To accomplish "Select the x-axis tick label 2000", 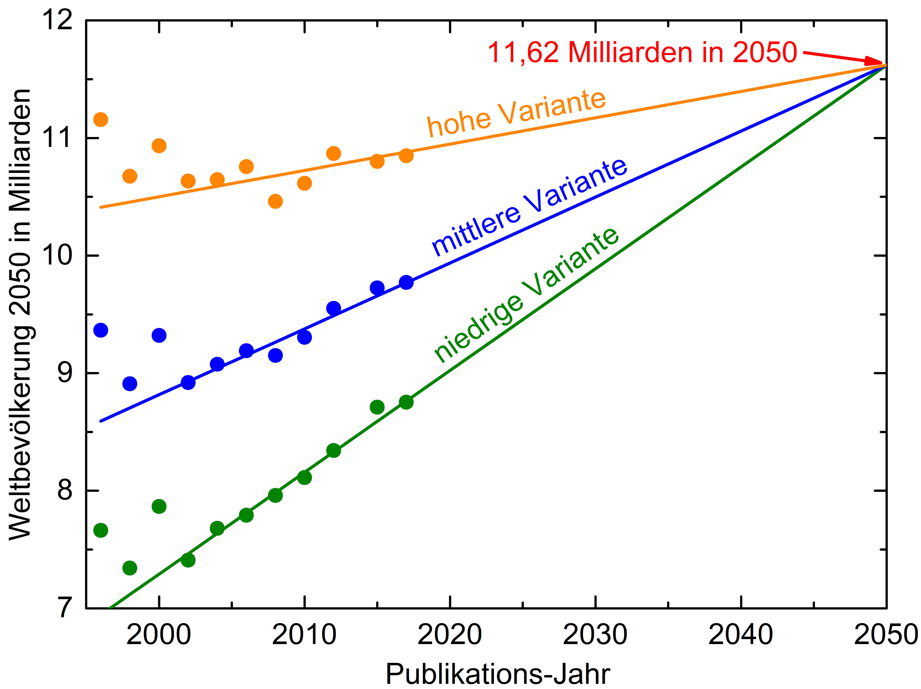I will point(159,635).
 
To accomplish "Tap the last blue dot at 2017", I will point(406,282).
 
